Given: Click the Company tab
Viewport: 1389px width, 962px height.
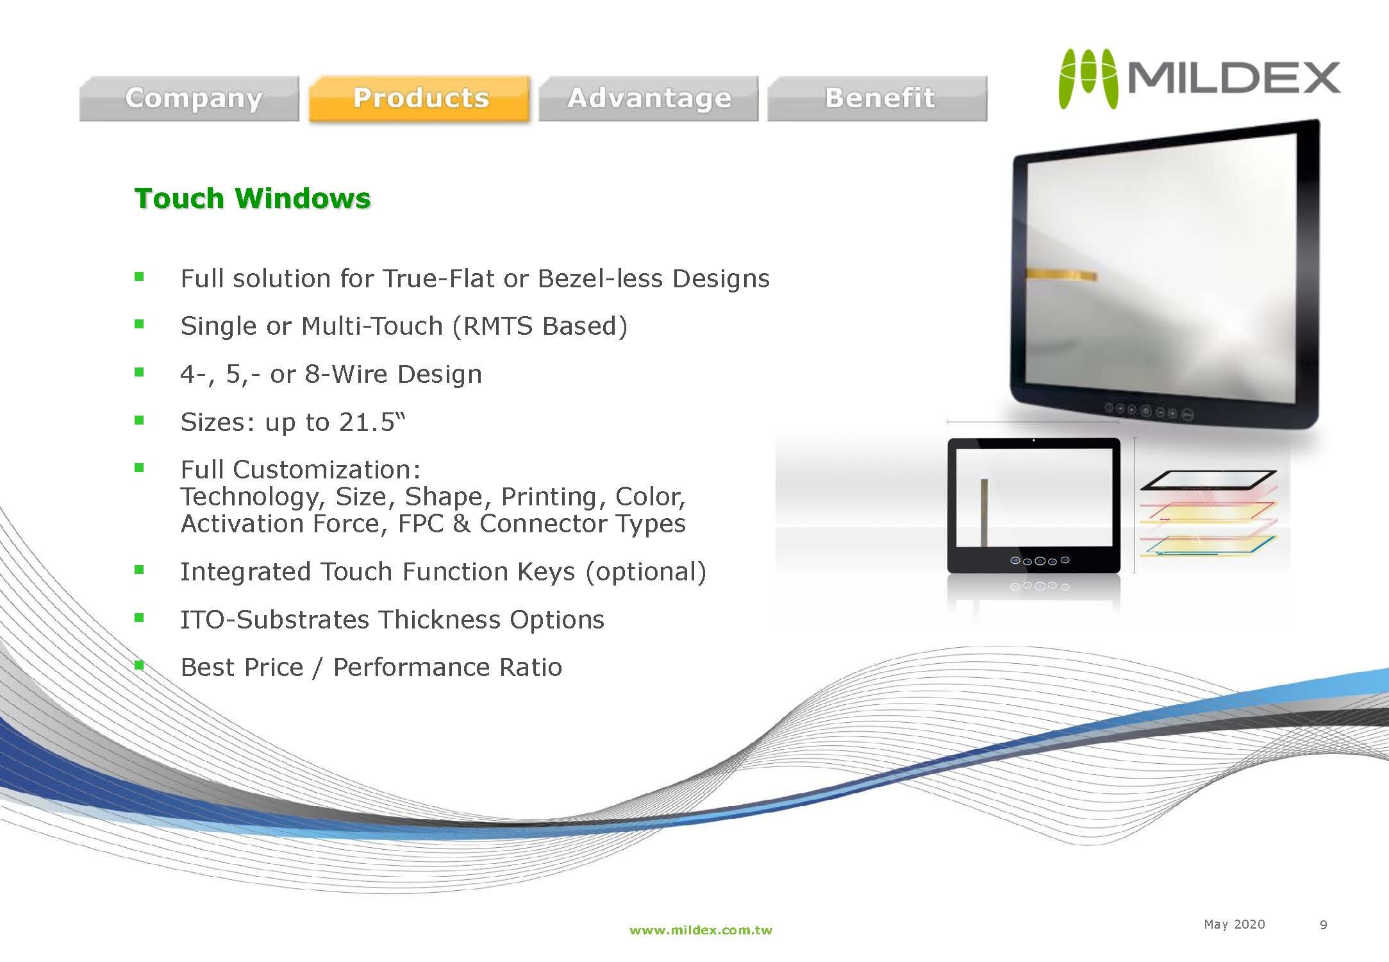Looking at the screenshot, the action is (x=189, y=98).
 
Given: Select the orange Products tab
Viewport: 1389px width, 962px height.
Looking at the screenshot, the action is (x=420, y=98).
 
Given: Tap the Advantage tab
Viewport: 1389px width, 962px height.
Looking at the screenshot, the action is (x=649, y=98).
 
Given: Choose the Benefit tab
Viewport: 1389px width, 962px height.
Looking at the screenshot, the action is (x=877, y=98).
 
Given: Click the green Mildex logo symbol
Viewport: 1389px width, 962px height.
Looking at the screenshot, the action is (x=1088, y=79).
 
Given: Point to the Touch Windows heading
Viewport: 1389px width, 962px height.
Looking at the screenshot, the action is (x=253, y=198).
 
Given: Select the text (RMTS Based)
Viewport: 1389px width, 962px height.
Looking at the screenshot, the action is (x=540, y=326).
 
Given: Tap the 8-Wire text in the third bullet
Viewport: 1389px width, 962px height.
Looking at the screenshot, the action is (x=347, y=374).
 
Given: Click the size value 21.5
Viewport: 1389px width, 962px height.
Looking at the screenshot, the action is (x=367, y=422).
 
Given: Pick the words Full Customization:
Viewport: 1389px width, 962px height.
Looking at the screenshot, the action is (x=301, y=469).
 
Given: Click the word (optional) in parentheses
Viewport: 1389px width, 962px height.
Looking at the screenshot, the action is (x=645, y=571).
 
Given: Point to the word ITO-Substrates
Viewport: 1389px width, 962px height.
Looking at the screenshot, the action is (x=275, y=620).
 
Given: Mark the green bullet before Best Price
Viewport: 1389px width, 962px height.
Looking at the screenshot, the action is (x=139, y=665).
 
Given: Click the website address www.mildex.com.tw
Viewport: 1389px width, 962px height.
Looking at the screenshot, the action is (x=701, y=930).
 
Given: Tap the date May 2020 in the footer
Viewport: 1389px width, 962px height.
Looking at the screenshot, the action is (x=1234, y=924).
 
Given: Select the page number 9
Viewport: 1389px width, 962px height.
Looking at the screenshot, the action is (x=1323, y=925).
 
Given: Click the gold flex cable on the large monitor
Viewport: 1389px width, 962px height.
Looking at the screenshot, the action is (x=1061, y=274).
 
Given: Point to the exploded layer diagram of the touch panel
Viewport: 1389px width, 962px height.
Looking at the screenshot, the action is (x=1208, y=513).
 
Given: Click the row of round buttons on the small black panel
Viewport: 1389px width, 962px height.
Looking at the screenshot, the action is (x=1039, y=561).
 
